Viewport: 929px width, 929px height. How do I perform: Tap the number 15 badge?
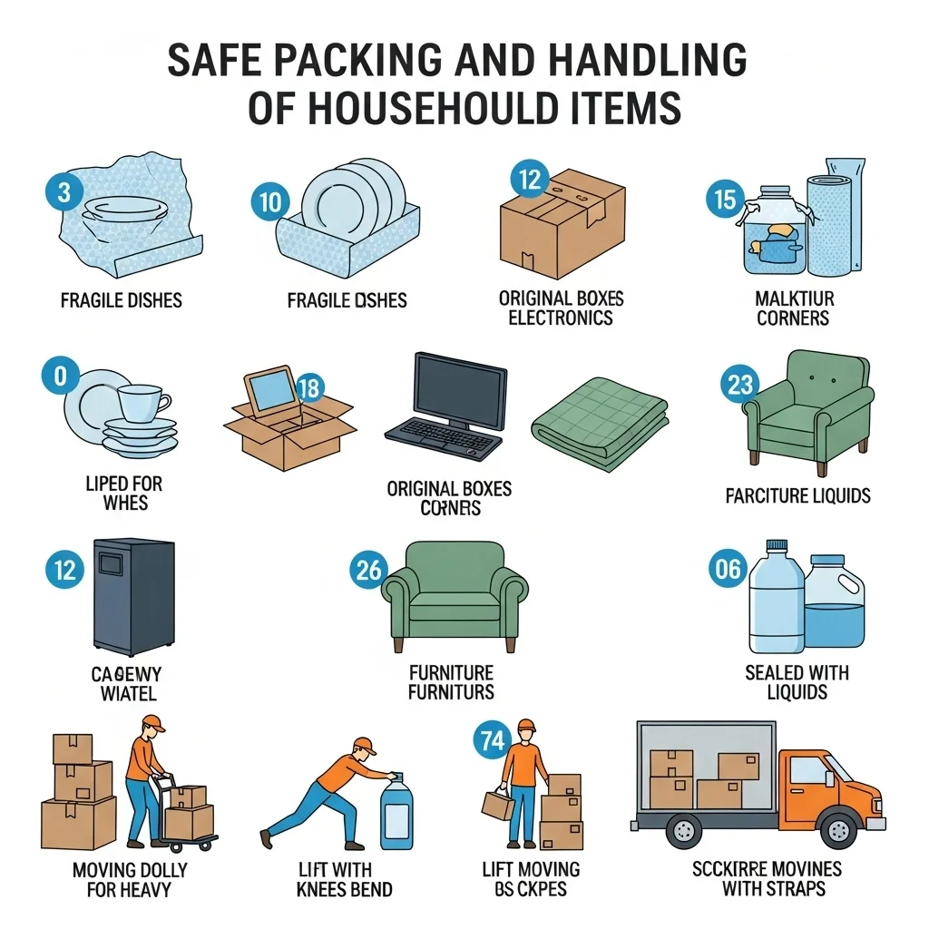tap(724, 199)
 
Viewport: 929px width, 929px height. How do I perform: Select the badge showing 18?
tap(309, 389)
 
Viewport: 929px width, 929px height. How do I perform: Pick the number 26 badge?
tap(369, 570)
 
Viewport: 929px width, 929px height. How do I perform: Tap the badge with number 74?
tap(491, 740)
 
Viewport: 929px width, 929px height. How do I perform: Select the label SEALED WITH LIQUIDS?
tap(797, 682)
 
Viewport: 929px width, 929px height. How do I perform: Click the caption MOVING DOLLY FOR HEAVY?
tap(130, 879)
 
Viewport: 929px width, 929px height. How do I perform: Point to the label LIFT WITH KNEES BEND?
tap(345, 879)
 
